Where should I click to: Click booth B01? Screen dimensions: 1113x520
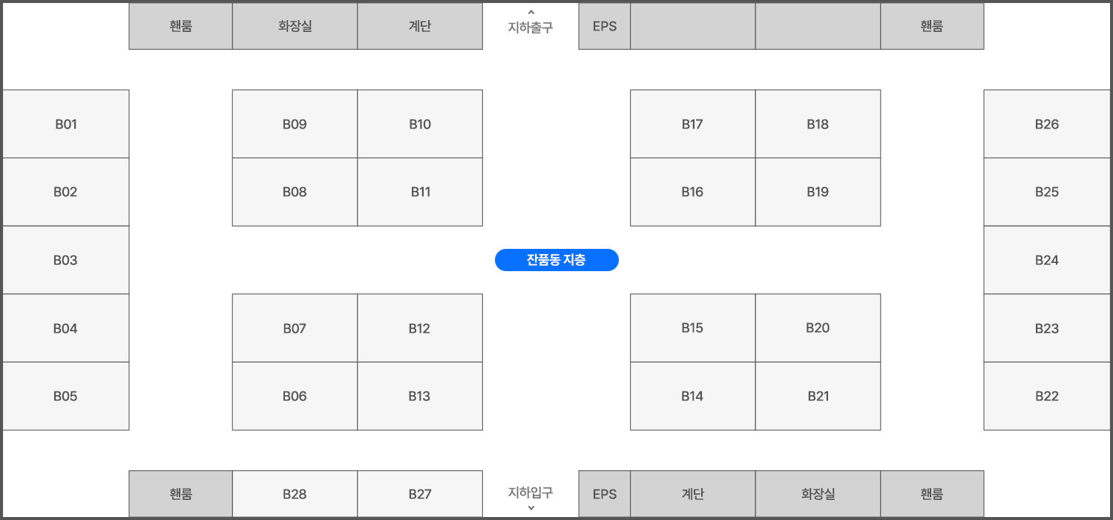pos(66,124)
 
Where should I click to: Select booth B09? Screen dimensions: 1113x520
pos(295,124)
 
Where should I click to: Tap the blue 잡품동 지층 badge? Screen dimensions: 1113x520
pos(556,260)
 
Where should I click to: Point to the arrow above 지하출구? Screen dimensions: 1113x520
pos(531,12)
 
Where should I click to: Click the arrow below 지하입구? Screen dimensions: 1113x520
pos(531,508)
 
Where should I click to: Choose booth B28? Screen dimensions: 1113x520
pos(295,493)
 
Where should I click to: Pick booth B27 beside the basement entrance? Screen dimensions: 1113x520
pos(420,493)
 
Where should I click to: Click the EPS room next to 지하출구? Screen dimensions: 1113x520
pos(605,26)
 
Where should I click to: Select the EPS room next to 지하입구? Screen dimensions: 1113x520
pos(605,493)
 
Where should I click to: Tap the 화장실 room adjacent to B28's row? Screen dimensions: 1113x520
pos(818,493)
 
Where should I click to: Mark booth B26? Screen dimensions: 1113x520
pos(1047,124)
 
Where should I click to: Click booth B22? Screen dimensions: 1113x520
pos(1047,396)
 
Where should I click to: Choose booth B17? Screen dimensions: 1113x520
pos(692,124)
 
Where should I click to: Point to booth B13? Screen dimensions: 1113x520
pos(420,396)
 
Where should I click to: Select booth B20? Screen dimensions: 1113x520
pos(818,328)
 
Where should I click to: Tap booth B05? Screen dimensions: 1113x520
pos(66,396)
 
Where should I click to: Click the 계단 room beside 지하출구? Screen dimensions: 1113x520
pos(420,26)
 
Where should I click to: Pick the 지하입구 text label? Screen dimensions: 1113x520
pos(531,492)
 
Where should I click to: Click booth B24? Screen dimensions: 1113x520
pos(1047,260)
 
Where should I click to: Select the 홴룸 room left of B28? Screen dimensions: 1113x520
pos(181,493)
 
